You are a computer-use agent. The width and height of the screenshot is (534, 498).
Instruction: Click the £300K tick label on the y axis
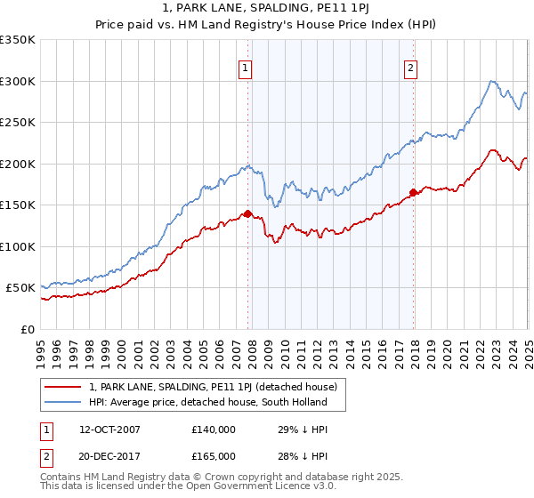point(18,81)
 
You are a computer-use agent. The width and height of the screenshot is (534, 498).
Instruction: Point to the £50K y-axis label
point(20,288)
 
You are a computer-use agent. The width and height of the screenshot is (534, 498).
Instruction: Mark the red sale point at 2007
point(248,213)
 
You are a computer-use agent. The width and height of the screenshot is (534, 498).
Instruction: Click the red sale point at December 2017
point(413,192)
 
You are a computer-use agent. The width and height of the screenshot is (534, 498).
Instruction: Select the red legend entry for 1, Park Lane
point(213,387)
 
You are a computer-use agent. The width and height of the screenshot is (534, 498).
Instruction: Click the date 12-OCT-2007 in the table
point(109,430)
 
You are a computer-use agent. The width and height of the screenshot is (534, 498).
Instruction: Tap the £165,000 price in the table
point(213,455)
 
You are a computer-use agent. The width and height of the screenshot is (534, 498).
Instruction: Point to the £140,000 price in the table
point(213,430)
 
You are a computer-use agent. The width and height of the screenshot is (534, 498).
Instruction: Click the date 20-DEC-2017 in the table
point(109,455)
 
